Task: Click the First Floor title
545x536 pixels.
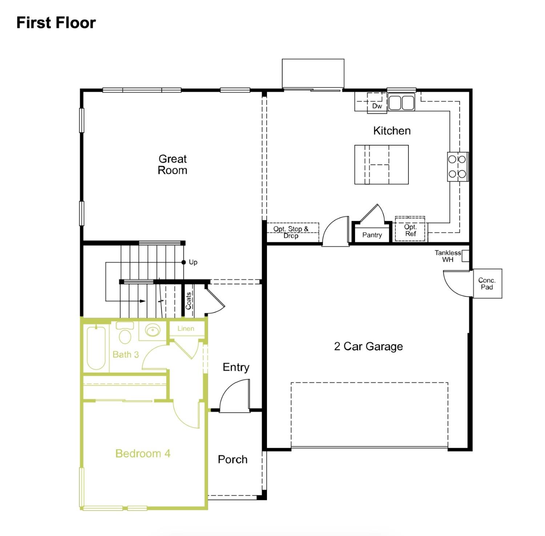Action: point(56,23)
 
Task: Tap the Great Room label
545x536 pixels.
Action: point(172,165)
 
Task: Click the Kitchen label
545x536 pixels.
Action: point(392,131)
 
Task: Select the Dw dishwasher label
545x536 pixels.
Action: point(377,106)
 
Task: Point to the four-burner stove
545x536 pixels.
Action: point(457,167)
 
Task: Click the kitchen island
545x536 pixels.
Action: point(381,165)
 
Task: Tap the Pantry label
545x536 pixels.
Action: point(372,235)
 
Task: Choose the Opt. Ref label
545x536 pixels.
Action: point(410,230)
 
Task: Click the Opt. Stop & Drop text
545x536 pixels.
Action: point(291,232)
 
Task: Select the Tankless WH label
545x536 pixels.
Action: point(448,256)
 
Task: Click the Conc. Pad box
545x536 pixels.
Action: point(487,284)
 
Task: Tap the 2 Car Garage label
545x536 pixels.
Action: point(368,346)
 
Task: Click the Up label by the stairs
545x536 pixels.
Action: point(193,262)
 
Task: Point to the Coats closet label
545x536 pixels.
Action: point(188,301)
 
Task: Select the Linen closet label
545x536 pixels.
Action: point(186,329)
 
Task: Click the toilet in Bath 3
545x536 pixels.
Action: point(125,334)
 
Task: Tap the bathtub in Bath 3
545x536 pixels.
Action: point(96,348)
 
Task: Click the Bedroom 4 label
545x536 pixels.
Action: point(142,454)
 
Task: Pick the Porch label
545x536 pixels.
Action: point(233,459)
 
